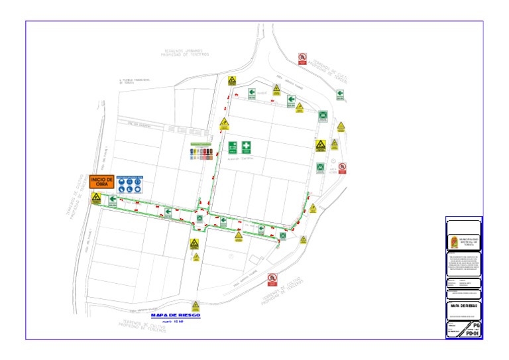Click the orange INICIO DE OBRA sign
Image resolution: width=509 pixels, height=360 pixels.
[102, 182]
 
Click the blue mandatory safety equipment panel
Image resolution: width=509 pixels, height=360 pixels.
[129, 184]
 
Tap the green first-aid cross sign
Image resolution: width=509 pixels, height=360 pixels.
[246, 147]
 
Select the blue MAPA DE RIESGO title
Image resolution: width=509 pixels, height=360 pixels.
[176, 315]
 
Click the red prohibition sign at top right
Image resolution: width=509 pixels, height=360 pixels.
[302, 58]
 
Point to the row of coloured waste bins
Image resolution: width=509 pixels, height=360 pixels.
[200, 153]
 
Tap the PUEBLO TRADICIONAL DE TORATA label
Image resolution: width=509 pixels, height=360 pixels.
[131, 82]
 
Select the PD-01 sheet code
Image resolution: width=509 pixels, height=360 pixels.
[473, 333]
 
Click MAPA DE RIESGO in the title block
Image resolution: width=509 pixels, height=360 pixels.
[463, 306]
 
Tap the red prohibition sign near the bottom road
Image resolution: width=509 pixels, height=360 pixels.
[272, 279]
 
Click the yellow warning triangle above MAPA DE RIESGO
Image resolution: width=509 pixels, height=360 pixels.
[195, 305]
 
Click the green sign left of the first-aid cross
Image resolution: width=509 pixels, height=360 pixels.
[233, 147]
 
